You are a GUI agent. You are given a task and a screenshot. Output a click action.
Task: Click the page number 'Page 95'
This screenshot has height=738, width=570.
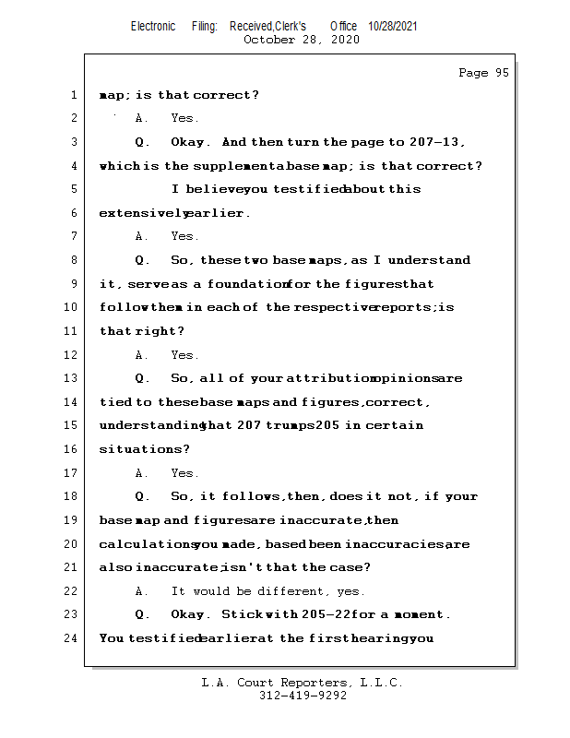tap(483, 73)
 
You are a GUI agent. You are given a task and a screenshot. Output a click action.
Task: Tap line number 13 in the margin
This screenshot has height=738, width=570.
tap(72, 378)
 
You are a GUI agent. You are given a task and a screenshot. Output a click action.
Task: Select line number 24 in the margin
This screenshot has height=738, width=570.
tap(72, 638)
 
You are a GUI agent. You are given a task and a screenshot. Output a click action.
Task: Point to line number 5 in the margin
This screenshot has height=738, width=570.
tap(72, 189)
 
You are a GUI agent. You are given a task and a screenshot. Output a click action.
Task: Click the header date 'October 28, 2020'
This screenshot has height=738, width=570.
tap(301, 40)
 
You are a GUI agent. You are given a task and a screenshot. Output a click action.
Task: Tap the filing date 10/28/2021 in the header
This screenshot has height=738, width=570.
tap(393, 27)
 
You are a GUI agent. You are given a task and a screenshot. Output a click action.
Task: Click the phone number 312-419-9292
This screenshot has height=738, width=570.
tap(303, 696)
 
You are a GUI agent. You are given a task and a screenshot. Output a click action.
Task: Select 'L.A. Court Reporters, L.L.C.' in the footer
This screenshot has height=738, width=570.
tap(303, 683)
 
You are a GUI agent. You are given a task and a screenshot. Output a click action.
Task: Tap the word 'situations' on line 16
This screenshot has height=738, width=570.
tap(138, 449)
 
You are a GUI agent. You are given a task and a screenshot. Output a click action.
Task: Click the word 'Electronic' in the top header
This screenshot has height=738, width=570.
tap(153, 27)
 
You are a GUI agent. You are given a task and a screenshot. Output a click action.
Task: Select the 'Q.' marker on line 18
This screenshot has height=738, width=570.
tap(143, 496)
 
